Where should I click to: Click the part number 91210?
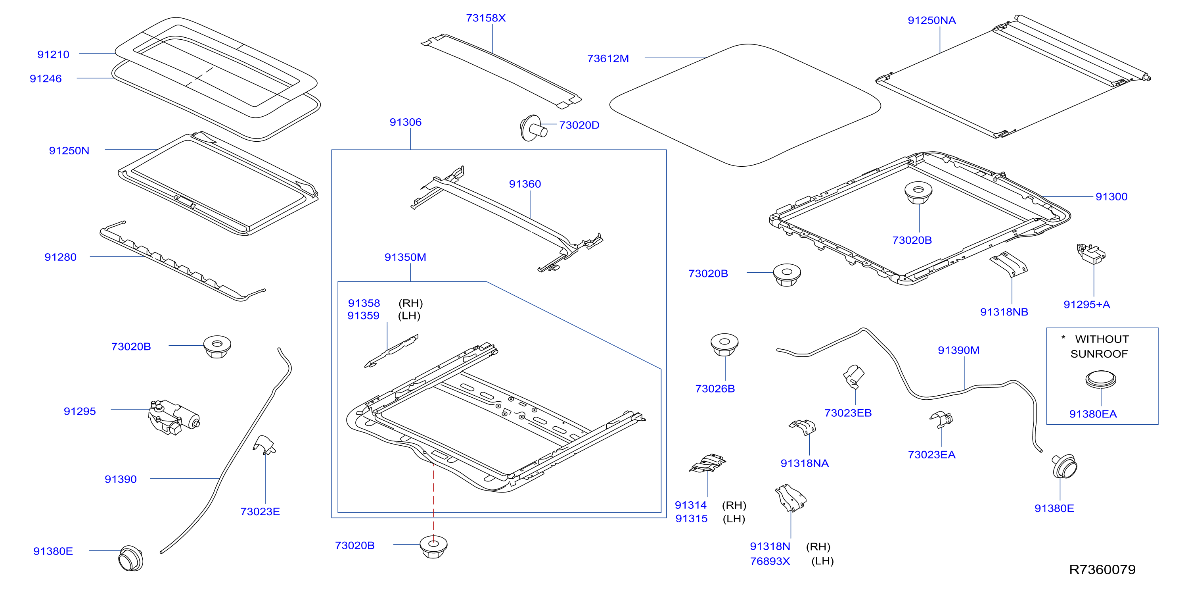(54, 54)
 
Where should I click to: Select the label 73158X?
(486, 18)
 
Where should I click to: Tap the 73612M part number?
(608, 59)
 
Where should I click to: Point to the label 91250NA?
(931, 20)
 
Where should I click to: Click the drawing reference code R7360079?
(1102, 570)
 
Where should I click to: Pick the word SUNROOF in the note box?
(1099, 354)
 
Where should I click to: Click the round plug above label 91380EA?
(1100, 379)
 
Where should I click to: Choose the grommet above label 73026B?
(724, 345)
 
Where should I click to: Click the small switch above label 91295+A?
(1091, 253)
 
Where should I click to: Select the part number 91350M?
(405, 257)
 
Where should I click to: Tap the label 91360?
(525, 184)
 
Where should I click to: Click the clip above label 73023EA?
(941, 419)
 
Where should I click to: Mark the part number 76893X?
(770, 561)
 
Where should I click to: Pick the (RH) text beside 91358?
(410, 303)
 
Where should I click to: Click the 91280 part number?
(60, 257)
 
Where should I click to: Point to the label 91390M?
(958, 350)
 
